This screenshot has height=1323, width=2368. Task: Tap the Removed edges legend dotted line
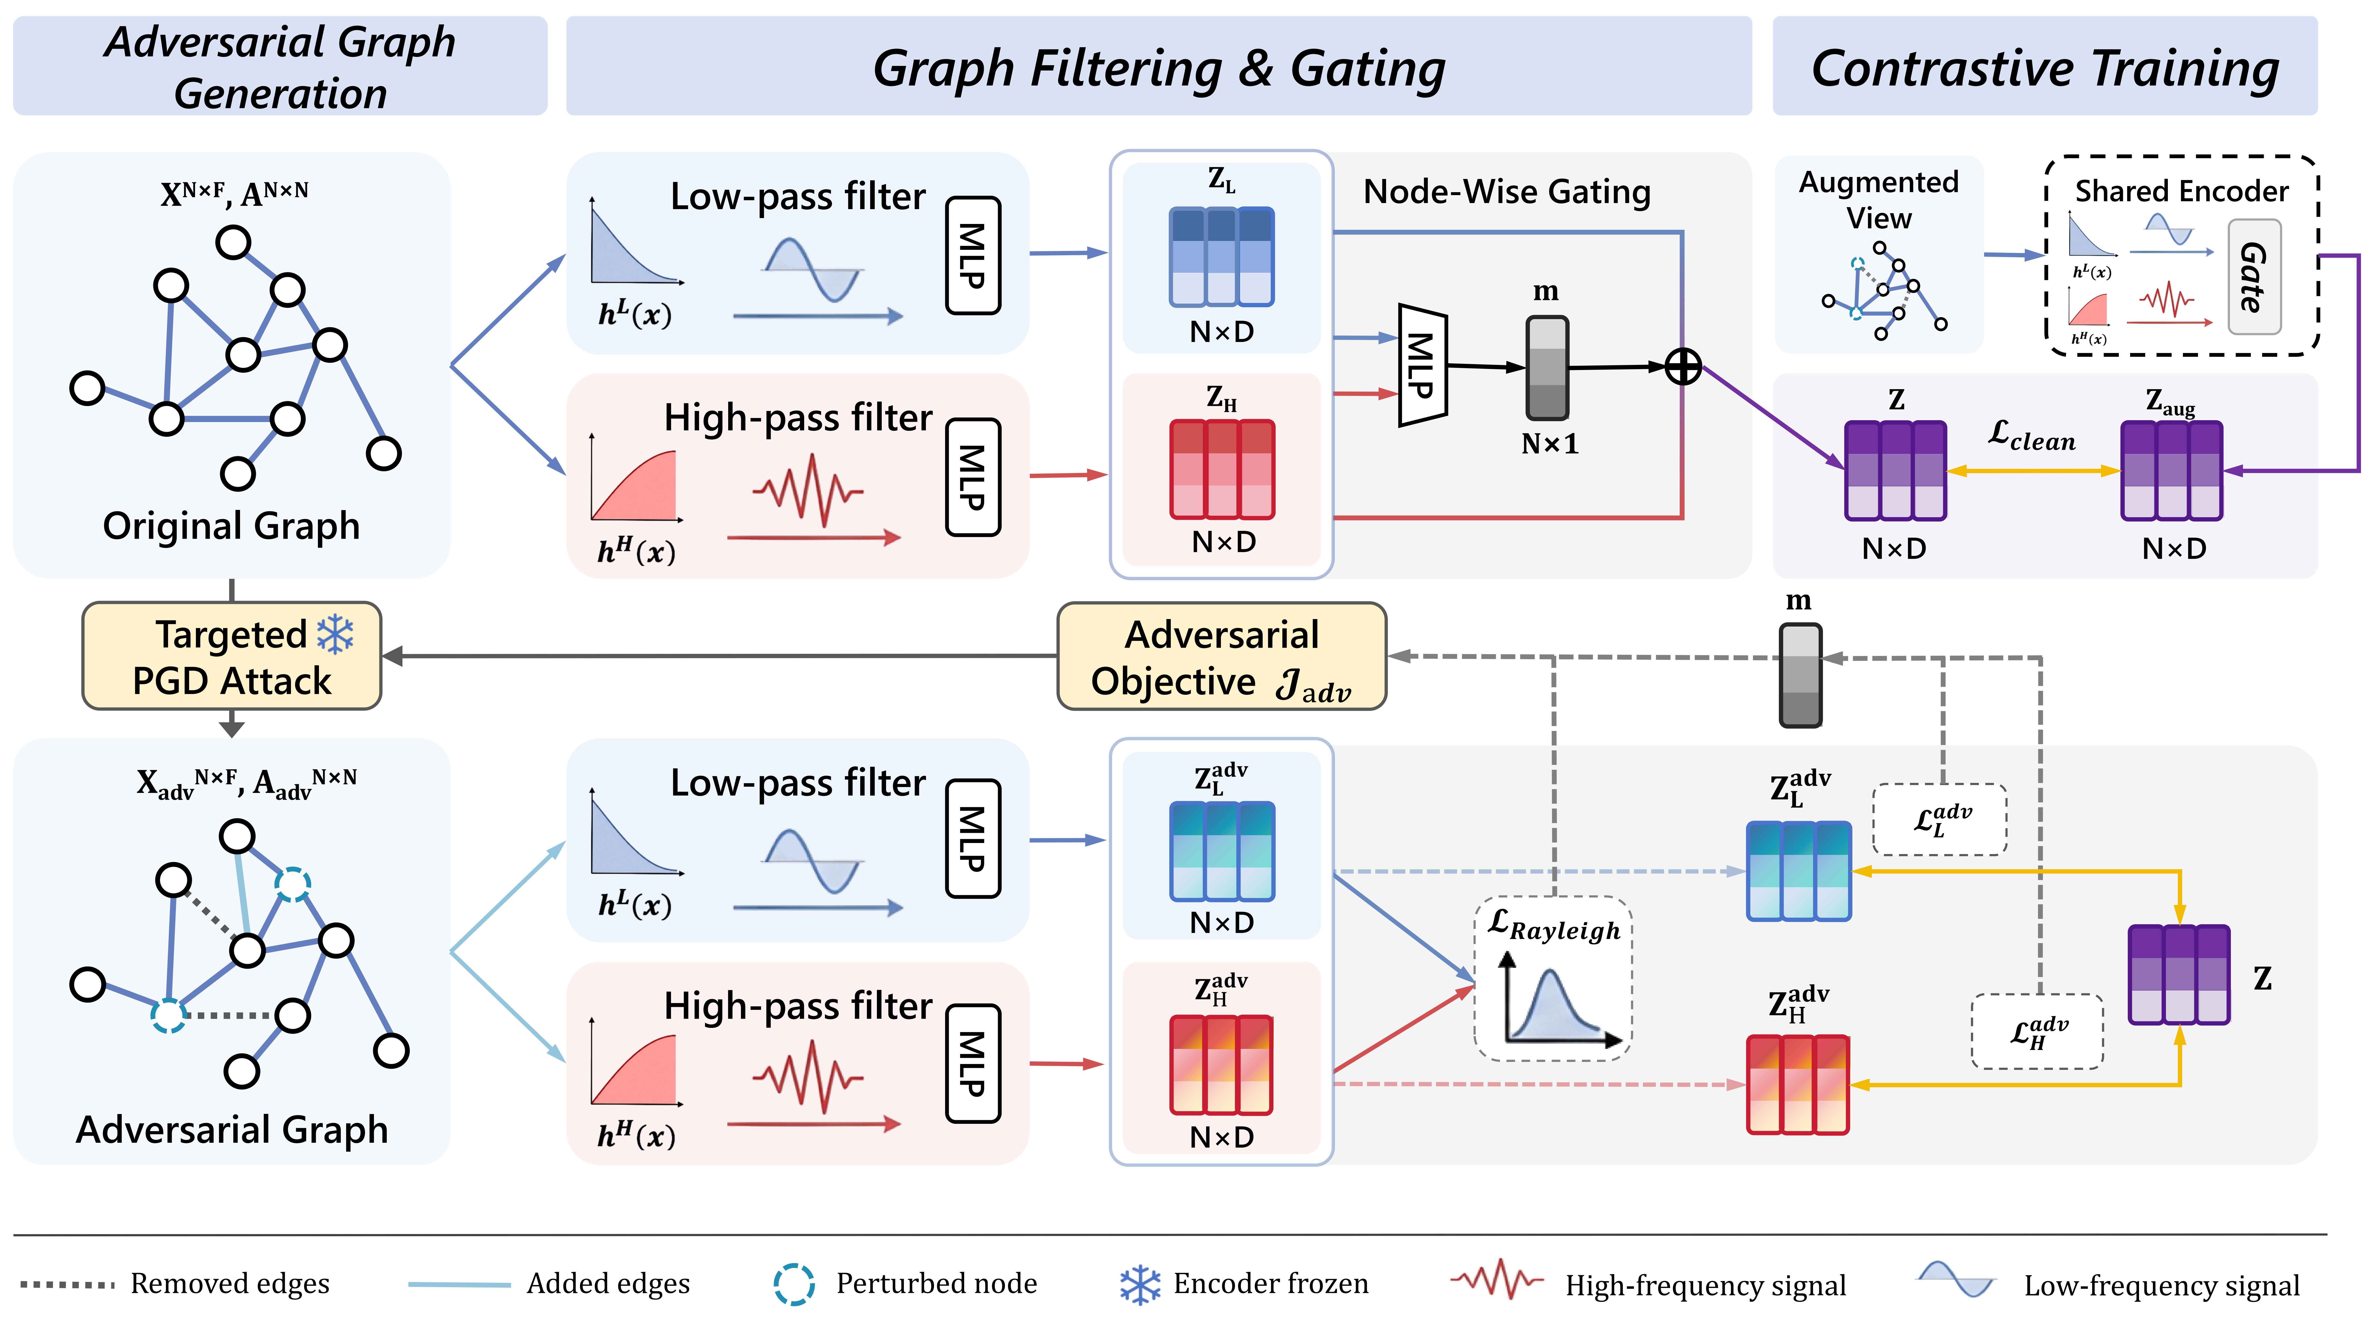[67, 1284]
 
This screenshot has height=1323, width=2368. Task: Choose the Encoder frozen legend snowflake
[1140, 1284]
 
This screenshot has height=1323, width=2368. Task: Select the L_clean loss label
[2032, 436]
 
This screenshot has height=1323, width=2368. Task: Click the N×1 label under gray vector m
[1549, 444]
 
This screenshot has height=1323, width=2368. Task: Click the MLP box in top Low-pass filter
[973, 255]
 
